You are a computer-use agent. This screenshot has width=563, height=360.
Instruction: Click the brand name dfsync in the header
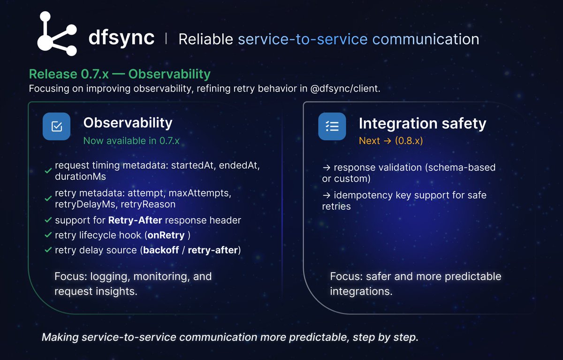tap(121, 38)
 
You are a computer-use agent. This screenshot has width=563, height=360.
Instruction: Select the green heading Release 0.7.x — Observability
tap(120, 74)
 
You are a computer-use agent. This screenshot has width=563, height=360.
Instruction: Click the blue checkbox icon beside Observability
tap(56, 126)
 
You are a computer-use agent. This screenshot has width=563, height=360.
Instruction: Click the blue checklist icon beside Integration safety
tap(332, 126)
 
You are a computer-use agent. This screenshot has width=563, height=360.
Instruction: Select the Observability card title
tap(128, 123)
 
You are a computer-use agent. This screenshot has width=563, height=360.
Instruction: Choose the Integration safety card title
tap(422, 123)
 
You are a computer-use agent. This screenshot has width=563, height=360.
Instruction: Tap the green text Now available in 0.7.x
tap(131, 140)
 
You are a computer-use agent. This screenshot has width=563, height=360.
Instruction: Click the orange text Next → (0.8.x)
tap(390, 140)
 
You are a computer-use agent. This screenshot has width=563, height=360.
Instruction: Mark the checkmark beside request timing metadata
tap(48, 172)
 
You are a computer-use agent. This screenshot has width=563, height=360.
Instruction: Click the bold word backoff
tap(161, 250)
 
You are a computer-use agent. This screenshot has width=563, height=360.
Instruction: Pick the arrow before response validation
tap(327, 168)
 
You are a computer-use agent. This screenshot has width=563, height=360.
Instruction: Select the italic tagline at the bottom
tap(229, 337)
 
